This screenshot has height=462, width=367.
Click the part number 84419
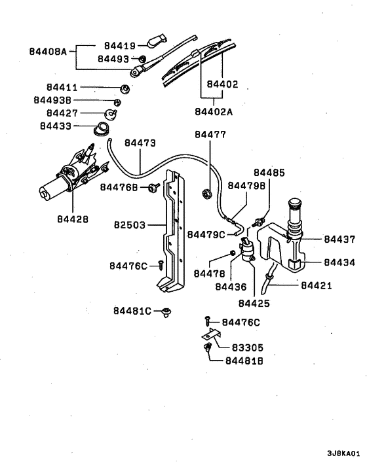tap(120, 46)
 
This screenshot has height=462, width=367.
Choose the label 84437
tap(339, 240)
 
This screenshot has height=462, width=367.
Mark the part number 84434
tap(339, 262)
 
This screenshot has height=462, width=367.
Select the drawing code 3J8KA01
tap(343, 452)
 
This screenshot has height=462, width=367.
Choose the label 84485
tap(270, 173)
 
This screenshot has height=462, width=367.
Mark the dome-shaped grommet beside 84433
tap(102, 128)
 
